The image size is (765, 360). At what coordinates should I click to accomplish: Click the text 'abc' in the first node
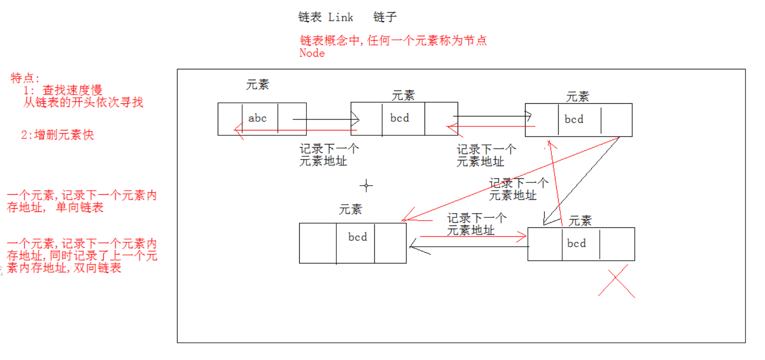click(x=257, y=118)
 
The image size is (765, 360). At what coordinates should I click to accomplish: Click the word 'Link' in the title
click(x=340, y=18)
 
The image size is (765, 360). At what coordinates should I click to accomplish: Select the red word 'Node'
click(x=312, y=53)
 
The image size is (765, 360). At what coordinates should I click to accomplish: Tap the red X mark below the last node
click(x=617, y=281)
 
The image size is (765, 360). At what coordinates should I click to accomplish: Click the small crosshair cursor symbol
click(x=366, y=185)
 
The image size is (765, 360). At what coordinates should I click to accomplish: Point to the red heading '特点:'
click(x=25, y=78)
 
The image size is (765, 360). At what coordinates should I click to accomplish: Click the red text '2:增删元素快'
click(x=57, y=135)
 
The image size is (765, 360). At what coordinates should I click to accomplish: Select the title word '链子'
click(x=385, y=18)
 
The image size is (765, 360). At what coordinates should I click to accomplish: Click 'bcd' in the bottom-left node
click(x=357, y=237)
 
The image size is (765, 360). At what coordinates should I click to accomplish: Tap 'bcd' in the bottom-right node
click(x=576, y=244)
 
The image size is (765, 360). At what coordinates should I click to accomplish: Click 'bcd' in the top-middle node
click(x=399, y=118)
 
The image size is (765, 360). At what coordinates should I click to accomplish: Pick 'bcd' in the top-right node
click(x=574, y=120)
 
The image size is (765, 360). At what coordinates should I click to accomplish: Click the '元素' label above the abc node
click(x=257, y=85)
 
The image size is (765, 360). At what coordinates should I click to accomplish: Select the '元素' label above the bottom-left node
click(x=350, y=210)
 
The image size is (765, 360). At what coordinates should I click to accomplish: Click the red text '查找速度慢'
click(x=72, y=90)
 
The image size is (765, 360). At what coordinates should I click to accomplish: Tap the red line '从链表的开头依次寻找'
click(x=83, y=102)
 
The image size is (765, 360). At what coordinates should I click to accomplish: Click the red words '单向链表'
click(x=80, y=207)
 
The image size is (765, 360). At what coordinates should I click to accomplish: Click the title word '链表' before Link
click(x=310, y=18)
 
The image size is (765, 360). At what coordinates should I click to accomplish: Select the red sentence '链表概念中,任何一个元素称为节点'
click(x=393, y=41)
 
